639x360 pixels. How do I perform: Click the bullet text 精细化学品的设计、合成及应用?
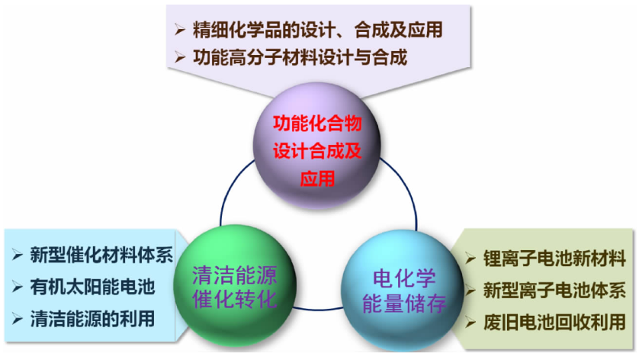pyautogui.click(x=317, y=30)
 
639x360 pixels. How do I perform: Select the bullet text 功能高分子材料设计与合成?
pyautogui.click(x=300, y=57)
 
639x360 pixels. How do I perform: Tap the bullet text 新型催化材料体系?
pyautogui.click(x=101, y=256)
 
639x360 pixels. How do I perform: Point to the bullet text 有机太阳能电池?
pyautogui.click(x=92, y=287)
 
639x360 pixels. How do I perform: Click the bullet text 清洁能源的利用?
pyautogui.click(x=92, y=319)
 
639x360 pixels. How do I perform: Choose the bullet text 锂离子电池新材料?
pyautogui.click(x=554, y=259)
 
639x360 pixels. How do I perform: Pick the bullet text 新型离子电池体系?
pyautogui.click(x=554, y=291)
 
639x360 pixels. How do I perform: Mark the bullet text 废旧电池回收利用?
pyautogui.click(x=554, y=322)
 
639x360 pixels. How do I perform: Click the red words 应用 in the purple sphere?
pyautogui.click(x=317, y=178)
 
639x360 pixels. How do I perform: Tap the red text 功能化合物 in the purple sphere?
pyautogui.click(x=317, y=124)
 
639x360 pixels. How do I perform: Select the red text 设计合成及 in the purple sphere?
pyautogui.click(x=317, y=151)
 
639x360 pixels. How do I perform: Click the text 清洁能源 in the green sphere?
pyautogui.click(x=234, y=275)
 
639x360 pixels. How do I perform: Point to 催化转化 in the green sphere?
pyautogui.click(x=234, y=300)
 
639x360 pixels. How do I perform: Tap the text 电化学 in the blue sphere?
pyautogui.click(x=404, y=279)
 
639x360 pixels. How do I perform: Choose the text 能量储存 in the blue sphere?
pyautogui.click(x=404, y=304)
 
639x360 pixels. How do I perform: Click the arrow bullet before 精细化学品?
pyautogui.click(x=180, y=30)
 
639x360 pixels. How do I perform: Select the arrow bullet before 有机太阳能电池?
pyautogui.click(x=17, y=287)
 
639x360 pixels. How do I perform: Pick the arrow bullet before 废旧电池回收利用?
pyautogui.click(x=470, y=323)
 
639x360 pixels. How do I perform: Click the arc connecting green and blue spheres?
pyautogui.click(x=318, y=310)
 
